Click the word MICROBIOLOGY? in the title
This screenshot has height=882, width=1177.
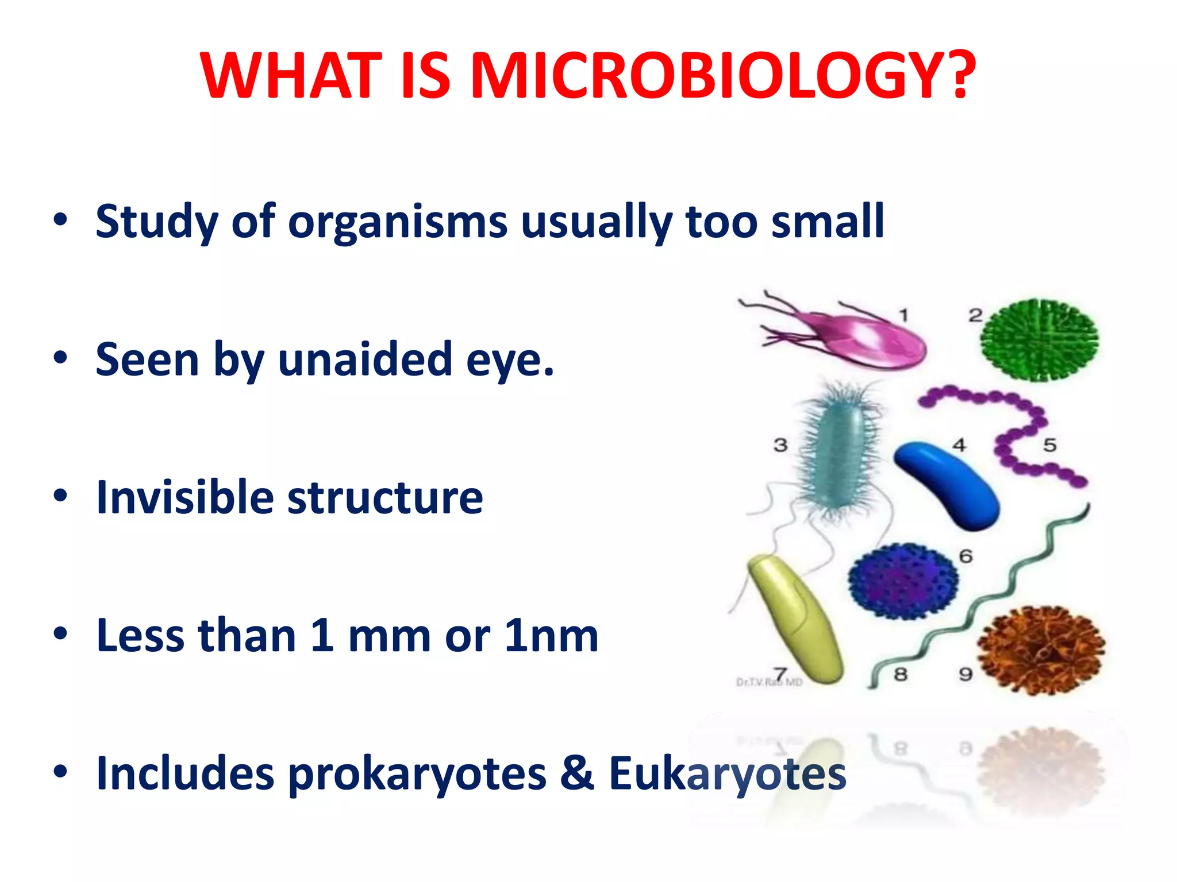[722, 76]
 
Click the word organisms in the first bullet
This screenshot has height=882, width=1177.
[398, 222]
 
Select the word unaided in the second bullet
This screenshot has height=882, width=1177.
[366, 360]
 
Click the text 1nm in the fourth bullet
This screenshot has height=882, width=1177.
[551, 636]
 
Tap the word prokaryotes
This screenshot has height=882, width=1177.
[417, 774]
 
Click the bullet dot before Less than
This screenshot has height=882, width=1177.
[60, 633]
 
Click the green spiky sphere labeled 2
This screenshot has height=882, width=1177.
[1039, 340]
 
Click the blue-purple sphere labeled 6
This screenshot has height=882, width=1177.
[903, 581]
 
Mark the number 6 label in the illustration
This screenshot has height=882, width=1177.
[966, 556]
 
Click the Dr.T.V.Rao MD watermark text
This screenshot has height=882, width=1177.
[769, 682]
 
